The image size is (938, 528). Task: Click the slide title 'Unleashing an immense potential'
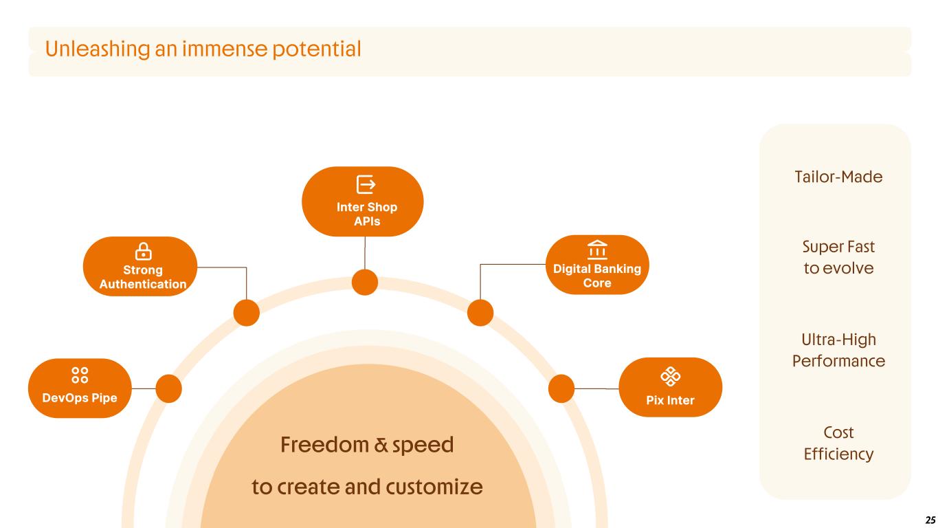click(203, 49)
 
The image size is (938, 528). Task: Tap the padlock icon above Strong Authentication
click(144, 252)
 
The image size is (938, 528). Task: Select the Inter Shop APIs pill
click(363, 201)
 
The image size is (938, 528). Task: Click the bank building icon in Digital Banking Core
click(596, 249)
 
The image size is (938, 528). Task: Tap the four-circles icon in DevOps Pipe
click(80, 375)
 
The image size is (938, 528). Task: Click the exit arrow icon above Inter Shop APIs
click(366, 184)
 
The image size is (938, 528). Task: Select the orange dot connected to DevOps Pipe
click(169, 388)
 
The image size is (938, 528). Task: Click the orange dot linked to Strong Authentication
click(246, 313)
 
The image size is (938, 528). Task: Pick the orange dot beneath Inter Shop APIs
click(365, 282)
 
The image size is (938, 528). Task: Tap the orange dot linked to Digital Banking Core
click(480, 313)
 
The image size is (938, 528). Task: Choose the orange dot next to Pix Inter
click(561, 388)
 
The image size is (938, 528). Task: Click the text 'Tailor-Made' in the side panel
click(838, 177)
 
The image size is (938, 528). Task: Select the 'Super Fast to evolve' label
click(838, 257)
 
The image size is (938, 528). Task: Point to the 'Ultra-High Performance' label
click(838, 351)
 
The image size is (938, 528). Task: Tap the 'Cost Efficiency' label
click(838, 443)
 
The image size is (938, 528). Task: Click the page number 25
click(930, 519)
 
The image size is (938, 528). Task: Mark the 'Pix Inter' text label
click(670, 400)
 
